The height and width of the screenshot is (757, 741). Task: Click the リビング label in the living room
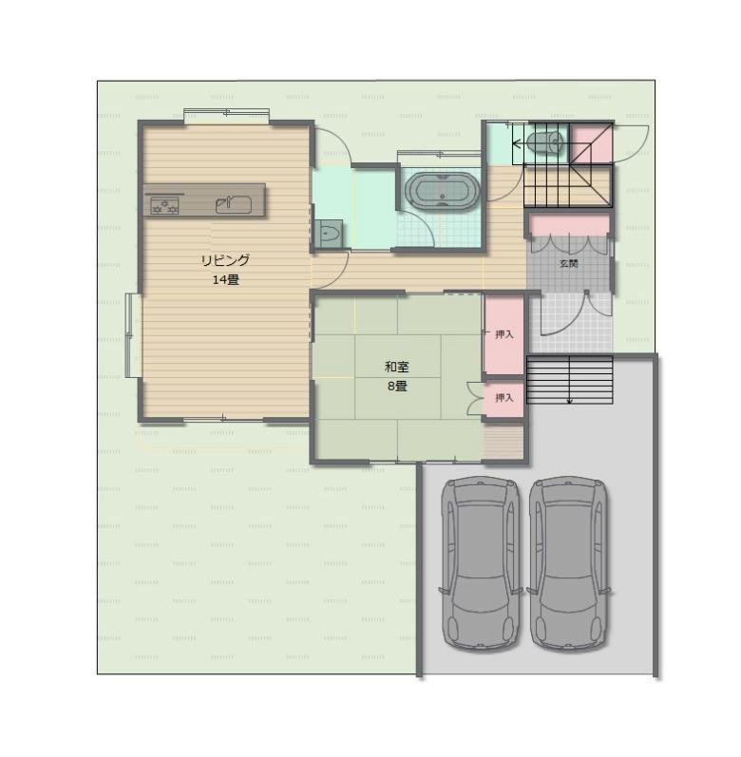pos(225,260)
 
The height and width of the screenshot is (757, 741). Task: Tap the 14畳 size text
pos(225,280)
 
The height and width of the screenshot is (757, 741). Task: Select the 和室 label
pos(397,367)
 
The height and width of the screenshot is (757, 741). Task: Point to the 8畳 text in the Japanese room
pos(397,387)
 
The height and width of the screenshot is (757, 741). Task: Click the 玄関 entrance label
pos(569,264)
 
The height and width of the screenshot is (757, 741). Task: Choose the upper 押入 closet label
pos(504,334)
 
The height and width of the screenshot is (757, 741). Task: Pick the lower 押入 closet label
pos(504,397)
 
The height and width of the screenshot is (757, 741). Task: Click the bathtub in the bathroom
pos(442,191)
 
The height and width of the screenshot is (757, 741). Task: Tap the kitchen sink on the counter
pos(234,205)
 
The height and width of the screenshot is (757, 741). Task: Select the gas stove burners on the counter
pos(164,205)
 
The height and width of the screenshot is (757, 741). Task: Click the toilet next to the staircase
pos(545,142)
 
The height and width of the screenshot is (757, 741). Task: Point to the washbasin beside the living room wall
pos(331,234)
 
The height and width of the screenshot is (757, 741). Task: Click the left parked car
pos(481,563)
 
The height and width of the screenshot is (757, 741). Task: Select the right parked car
pos(569,563)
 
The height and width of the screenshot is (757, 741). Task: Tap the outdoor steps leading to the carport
pos(570,380)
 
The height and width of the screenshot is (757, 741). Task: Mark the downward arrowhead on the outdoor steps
pos(570,400)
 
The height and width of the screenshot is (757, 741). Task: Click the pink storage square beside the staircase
pos(592,143)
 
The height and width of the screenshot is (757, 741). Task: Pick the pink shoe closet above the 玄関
pos(570,225)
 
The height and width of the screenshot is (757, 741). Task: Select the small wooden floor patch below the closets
pos(503,442)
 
